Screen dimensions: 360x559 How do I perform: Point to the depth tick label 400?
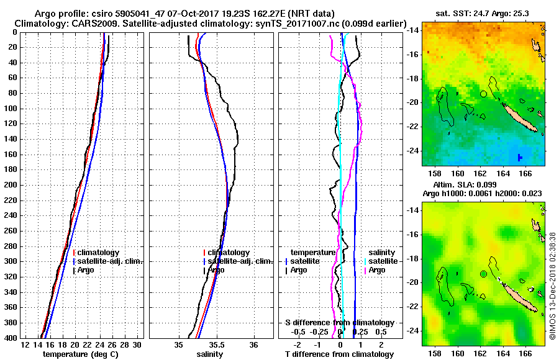(x=10, y=338)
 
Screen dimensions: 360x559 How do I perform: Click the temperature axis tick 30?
(x=137, y=345)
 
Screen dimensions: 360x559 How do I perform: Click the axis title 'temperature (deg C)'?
(x=80, y=354)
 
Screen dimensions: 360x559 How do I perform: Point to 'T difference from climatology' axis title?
(x=339, y=354)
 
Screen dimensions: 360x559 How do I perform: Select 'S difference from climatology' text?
(x=339, y=323)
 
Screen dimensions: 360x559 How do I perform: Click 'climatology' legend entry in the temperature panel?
(x=98, y=253)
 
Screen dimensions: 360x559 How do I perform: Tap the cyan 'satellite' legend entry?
(x=380, y=261)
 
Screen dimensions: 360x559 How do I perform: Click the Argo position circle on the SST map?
(x=483, y=94)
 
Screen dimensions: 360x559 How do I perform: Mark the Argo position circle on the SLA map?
(x=483, y=274)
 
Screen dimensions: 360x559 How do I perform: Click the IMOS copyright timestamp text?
(x=552, y=286)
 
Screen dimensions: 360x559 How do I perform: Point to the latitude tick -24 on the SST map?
(x=414, y=151)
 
